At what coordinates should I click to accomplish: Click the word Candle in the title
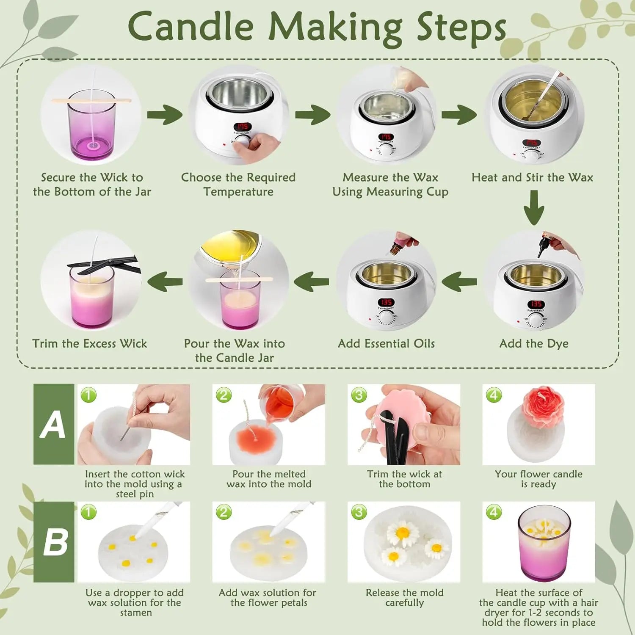tap(190, 26)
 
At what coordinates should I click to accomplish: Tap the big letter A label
tap(53, 424)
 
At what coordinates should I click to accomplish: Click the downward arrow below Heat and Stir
tap(534, 207)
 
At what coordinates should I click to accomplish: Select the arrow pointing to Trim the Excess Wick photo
tap(165, 282)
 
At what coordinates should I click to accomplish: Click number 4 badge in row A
tap(494, 395)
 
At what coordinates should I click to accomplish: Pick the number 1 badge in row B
tap(88, 512)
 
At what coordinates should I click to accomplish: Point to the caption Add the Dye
tap(534, 343)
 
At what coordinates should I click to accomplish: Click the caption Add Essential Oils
tap(386, 343)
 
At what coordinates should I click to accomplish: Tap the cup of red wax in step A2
tap(279, 402)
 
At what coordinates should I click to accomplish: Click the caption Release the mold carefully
tap(404, 597)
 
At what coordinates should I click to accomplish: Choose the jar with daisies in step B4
tap(544, 543)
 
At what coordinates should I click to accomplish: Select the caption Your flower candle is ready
tap(538, 479)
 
